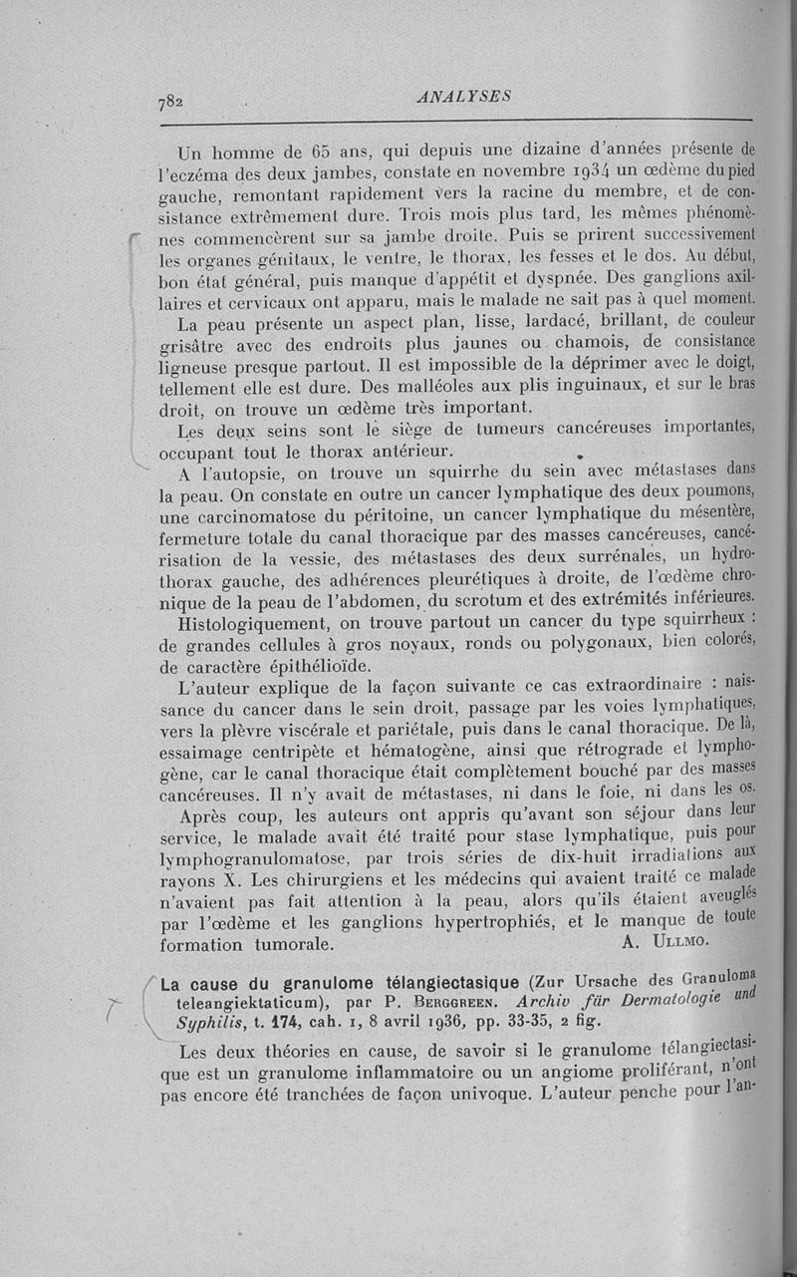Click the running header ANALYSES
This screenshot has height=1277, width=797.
coord(464,96)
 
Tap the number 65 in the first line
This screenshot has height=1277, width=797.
coord(322,154)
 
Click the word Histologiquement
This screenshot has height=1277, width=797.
coord(253,623)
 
